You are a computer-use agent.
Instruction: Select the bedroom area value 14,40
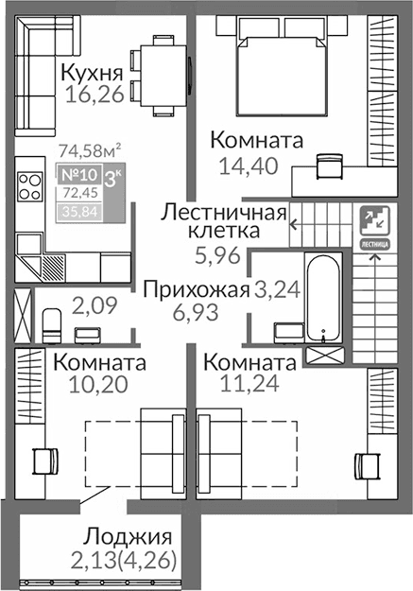click(x=243, y=165)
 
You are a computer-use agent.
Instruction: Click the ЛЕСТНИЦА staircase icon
click(x=374, y=225)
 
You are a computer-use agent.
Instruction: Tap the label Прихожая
click(x=196, y=290)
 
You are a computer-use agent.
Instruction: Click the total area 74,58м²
click(x=89, y=149)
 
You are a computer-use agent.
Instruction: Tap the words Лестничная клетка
click(x=224, y=220)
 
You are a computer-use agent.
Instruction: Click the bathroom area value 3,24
click(x=277, y=290)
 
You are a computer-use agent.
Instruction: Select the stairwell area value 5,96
click(x=217, y=253)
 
